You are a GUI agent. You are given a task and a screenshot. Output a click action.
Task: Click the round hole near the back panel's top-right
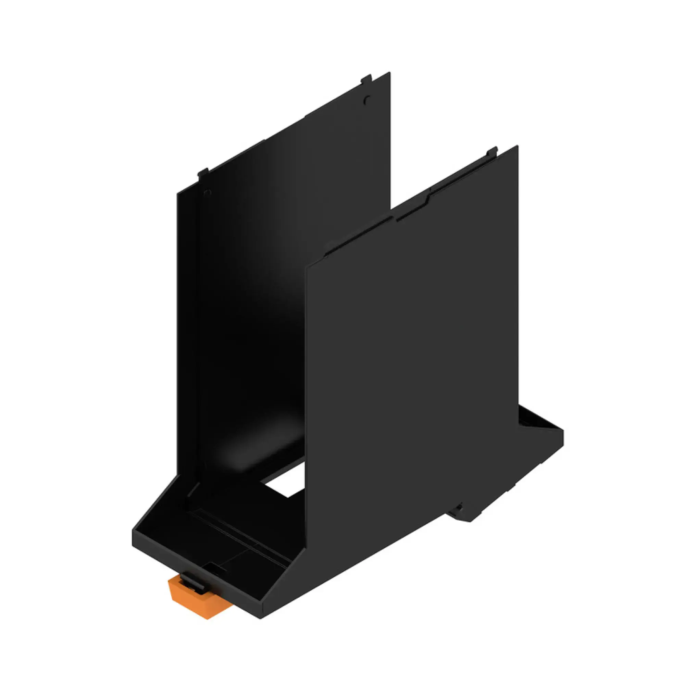point(367,100)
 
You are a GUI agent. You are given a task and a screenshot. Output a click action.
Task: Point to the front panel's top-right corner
point(517,147)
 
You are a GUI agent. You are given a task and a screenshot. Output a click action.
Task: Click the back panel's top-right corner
point(389,73)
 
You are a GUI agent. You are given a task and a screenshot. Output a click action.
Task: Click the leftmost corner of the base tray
point(133,531)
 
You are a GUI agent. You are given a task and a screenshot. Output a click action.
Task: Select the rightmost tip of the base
point(563,431)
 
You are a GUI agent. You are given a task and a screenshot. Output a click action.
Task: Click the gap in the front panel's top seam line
point(394,217)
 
